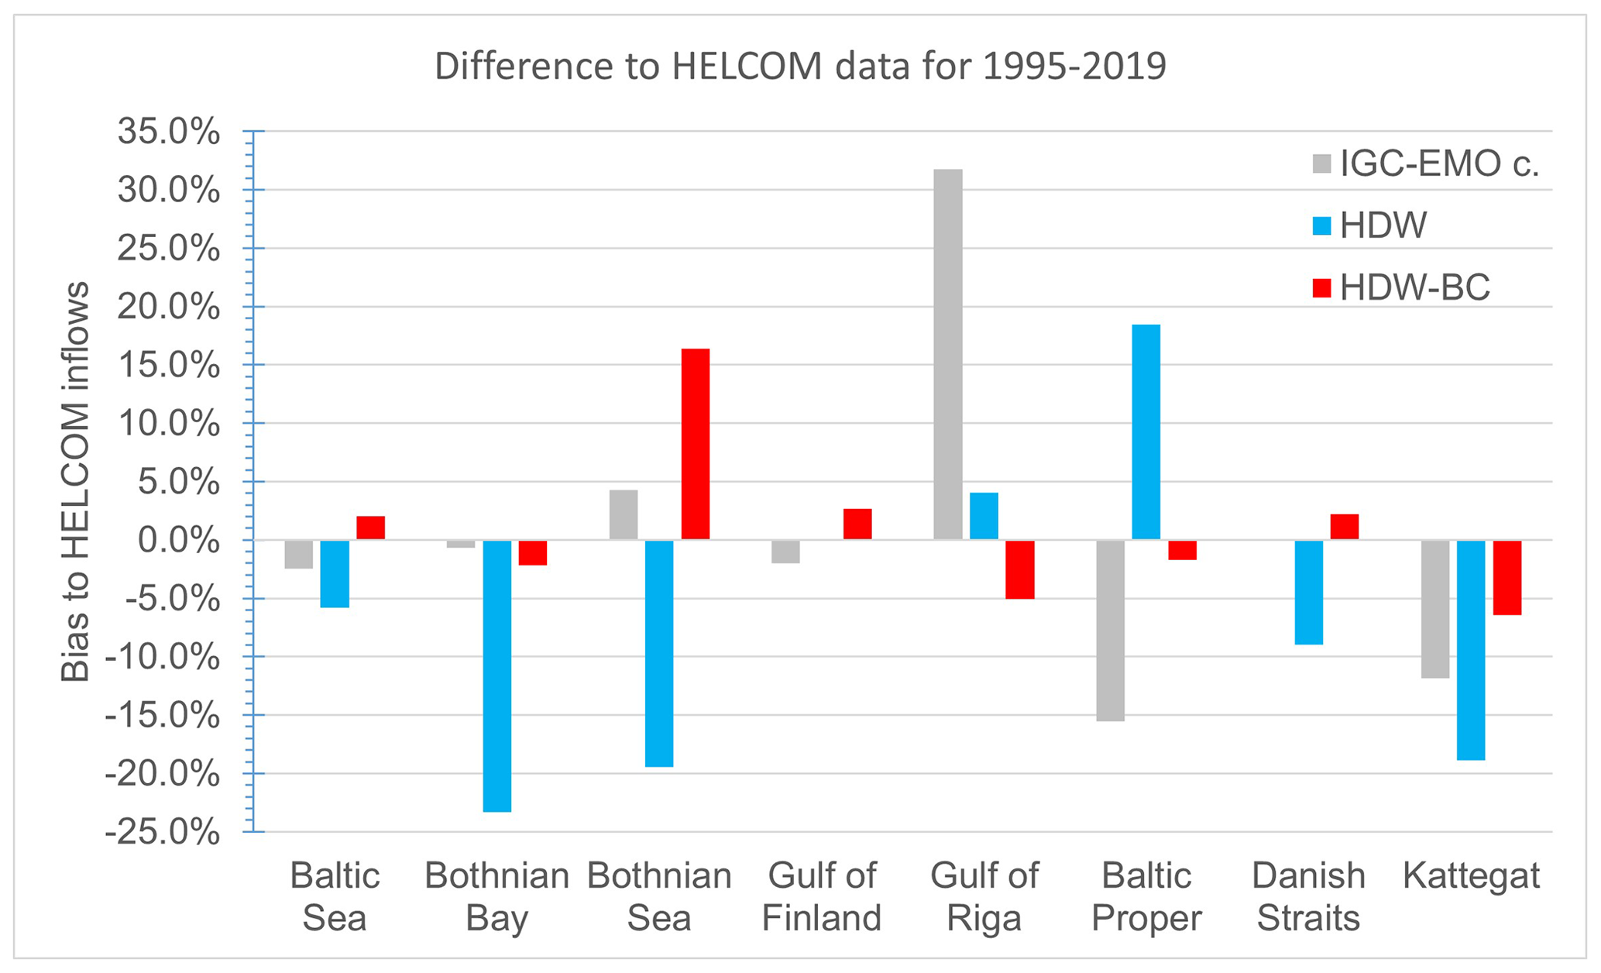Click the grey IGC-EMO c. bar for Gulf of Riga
tap(947, 354)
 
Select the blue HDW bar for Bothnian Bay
tap(496, 676)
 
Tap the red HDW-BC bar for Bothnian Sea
tap(695, 444)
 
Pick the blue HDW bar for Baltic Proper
tap(1146, 431)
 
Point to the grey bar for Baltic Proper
tap(1110, 631)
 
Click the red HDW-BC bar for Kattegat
tap(1507, 577)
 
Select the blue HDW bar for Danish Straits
tap(1308, 592)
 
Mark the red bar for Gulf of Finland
tap(857, 524)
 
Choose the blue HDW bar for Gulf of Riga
tap(984, 516)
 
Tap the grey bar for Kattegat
tap(1434, 609)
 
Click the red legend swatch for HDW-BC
tap(1321, 288)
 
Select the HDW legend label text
tap(1383, 226)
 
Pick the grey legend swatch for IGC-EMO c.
tap(1321, 164)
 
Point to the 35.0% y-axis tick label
tap(169, 132)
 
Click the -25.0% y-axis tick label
tap(163, 833)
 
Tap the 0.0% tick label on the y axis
tap(179, 541)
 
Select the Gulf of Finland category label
tap(822, 897)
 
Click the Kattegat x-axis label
tap(1471, 877)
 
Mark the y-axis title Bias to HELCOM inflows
tap(75, 482)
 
